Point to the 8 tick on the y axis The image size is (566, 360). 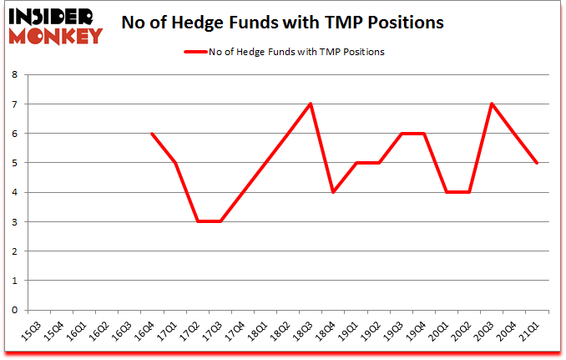(x=16, y=74)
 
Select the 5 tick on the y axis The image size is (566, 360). (x=16, y=163)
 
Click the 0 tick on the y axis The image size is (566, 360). (x=16, y=310)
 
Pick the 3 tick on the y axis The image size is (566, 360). (x=16, y=221)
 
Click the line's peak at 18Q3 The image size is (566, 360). (x=311, y=104)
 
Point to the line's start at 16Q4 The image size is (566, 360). (x=151, y=134)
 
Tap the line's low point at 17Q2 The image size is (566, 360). (x=197, y=221)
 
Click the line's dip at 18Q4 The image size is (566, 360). (x=333, y=192)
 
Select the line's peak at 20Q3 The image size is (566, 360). (x=492, y=104)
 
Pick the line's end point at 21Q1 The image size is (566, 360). (x=537, y=163)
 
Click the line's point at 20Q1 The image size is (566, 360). (x=447, y=192)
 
